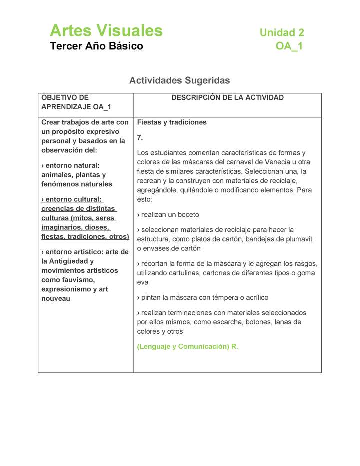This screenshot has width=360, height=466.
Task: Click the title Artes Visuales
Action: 106,31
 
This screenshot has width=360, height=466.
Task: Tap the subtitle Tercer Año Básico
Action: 96,46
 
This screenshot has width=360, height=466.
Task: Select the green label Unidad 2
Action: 282,33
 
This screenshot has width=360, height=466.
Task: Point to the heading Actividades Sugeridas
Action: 180,80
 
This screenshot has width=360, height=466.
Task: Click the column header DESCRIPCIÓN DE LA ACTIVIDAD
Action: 227,98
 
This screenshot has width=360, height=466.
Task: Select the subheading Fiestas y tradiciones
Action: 172,122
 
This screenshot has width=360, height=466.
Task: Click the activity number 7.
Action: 140,137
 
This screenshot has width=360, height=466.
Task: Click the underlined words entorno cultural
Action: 73,199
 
